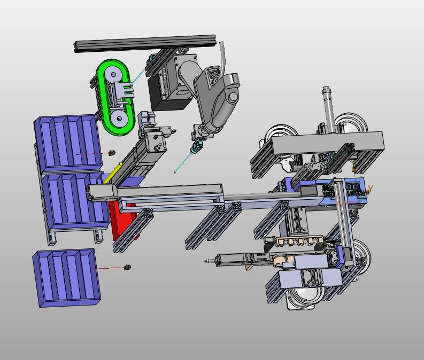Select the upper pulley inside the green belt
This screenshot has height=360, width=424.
[x=113, y=74]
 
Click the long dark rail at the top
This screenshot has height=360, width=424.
[x=145, y=43]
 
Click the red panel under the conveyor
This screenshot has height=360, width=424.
[x=123, y=220]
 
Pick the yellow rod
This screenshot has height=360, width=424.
[x=112, y=173]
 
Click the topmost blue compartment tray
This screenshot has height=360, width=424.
[x=68, y=143]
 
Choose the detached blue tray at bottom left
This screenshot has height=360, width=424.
[x=66, y=278]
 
